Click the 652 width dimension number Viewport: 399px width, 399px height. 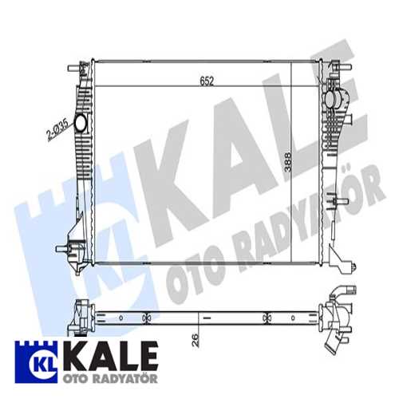click(x=207, y=81)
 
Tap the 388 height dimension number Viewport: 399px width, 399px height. click(x=287, y=162)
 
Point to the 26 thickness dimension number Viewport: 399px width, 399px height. click(x=196, y=340)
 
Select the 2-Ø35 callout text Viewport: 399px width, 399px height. click(x=57, y=129)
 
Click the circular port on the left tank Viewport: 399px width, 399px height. click(x=80, y=123)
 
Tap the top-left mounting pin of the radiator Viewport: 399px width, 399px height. click(x=73, y=68)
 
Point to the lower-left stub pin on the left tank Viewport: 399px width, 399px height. click(x=61, y=249)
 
